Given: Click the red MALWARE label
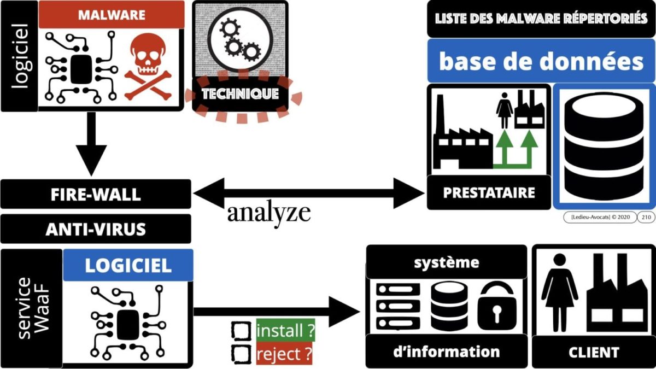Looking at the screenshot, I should click(x=111, y=15).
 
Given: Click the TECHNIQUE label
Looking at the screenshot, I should click(x=240, y=94).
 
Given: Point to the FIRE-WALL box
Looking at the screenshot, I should click(x=96, y=194).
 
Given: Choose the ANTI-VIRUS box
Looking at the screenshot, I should click(x=96, y=229).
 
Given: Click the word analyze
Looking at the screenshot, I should click(x=268, y=213).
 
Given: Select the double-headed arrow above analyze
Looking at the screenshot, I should click(x=309, y=193).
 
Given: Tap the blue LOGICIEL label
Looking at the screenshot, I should click(x=128, y=266).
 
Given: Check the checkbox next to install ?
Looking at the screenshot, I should click(x=241, y=331).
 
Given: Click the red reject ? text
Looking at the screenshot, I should click(x=284, y=354).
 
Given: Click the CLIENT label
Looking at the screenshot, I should click(x=593, y=352).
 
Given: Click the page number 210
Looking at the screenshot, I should click(x=645, y=217).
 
